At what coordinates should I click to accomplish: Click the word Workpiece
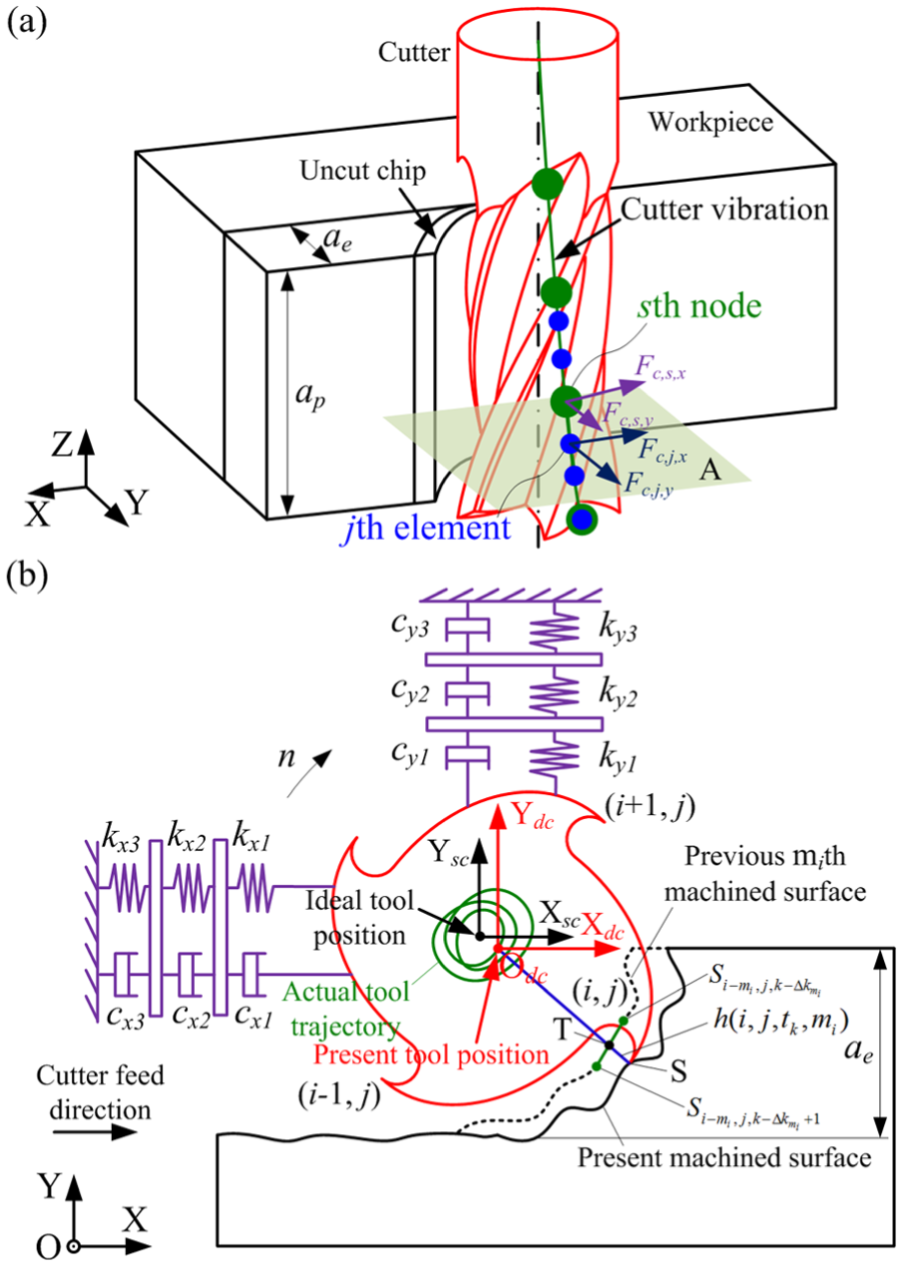709,123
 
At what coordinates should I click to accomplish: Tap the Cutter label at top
414,53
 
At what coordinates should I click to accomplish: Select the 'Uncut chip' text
362,172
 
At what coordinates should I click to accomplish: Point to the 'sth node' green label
699,305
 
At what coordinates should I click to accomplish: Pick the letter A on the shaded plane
709,469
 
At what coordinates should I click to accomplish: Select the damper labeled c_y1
467,757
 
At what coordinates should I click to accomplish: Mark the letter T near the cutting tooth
562,1030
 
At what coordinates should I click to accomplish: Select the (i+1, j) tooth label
650,808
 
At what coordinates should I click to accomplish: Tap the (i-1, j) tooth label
339,1094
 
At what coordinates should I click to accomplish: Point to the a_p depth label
310,396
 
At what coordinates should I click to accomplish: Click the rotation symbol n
286,758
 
